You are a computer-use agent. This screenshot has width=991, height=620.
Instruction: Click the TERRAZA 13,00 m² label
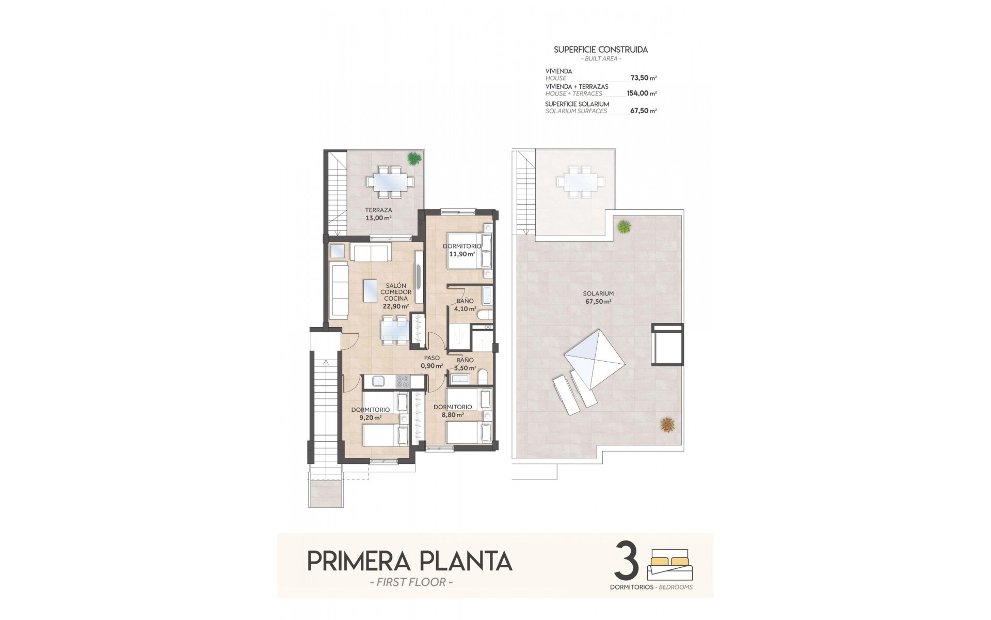[378, 214]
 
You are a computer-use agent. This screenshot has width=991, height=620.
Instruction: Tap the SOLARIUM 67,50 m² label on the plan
[599, 297]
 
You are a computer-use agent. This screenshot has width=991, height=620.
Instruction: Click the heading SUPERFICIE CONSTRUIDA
[601, 50]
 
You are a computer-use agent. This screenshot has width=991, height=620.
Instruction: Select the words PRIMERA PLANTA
[409, 561]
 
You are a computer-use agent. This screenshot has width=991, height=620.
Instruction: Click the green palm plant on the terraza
[414, 158]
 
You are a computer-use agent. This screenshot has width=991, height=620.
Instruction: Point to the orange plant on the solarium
[667, 425]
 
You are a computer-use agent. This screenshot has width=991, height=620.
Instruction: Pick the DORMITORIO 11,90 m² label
[461, 250]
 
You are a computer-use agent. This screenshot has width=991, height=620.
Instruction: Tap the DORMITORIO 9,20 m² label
[370, 413]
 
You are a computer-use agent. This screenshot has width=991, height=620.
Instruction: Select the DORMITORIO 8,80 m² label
[453, 410]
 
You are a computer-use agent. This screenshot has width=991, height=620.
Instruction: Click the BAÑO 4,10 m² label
[464, 305]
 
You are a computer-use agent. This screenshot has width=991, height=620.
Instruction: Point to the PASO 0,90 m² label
[432, 362]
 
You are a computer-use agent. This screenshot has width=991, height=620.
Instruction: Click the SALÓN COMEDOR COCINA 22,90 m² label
[395, 296]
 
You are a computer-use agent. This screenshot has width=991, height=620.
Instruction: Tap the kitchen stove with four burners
[402, 382]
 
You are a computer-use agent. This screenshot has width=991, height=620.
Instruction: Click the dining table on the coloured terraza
[390, 181]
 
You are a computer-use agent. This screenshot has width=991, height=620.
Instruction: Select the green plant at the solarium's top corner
[624, 226]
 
